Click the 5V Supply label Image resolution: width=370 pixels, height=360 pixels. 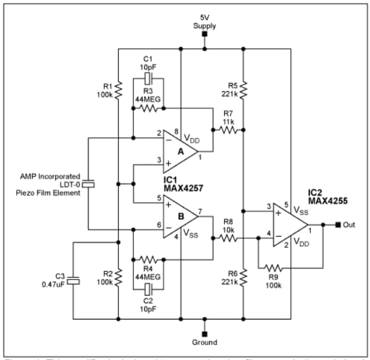(x=204, y=21)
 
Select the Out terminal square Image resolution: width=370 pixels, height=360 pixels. (x=337, y=225)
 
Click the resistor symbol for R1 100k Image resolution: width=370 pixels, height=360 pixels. (x=119, y=90)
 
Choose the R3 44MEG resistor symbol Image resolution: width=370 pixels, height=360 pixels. (x=148, y=108)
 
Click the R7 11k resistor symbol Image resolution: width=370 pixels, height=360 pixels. (x=228, y=129)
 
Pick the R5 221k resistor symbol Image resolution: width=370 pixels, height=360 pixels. (x=244, y=90)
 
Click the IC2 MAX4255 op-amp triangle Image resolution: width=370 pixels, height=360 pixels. (x=290, y=225)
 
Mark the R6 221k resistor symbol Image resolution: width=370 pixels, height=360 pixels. (x=244, y=277)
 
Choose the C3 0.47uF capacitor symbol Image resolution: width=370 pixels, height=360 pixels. (x=73, y=280)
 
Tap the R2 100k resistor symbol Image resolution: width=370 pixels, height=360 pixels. (x=119, y=277)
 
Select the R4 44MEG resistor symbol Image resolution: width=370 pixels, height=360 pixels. (x=148, y=260)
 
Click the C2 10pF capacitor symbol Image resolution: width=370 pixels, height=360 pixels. (x=148, y=290)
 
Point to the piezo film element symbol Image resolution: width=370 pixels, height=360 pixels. (x=88, y=184)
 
